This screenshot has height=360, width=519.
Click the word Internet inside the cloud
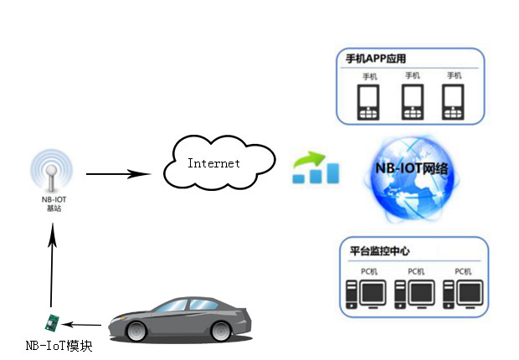coord(213,163)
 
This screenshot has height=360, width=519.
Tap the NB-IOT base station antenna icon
coord(50,174)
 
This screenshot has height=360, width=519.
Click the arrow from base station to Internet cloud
coord(116,174)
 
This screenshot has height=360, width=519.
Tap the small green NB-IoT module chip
coord(53,322)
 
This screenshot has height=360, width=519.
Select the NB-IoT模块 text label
coord(59,345)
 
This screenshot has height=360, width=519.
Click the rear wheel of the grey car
coord(221,329)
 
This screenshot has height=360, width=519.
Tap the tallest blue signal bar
coord(332,173)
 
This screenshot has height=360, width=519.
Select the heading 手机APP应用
coord(382,60)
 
